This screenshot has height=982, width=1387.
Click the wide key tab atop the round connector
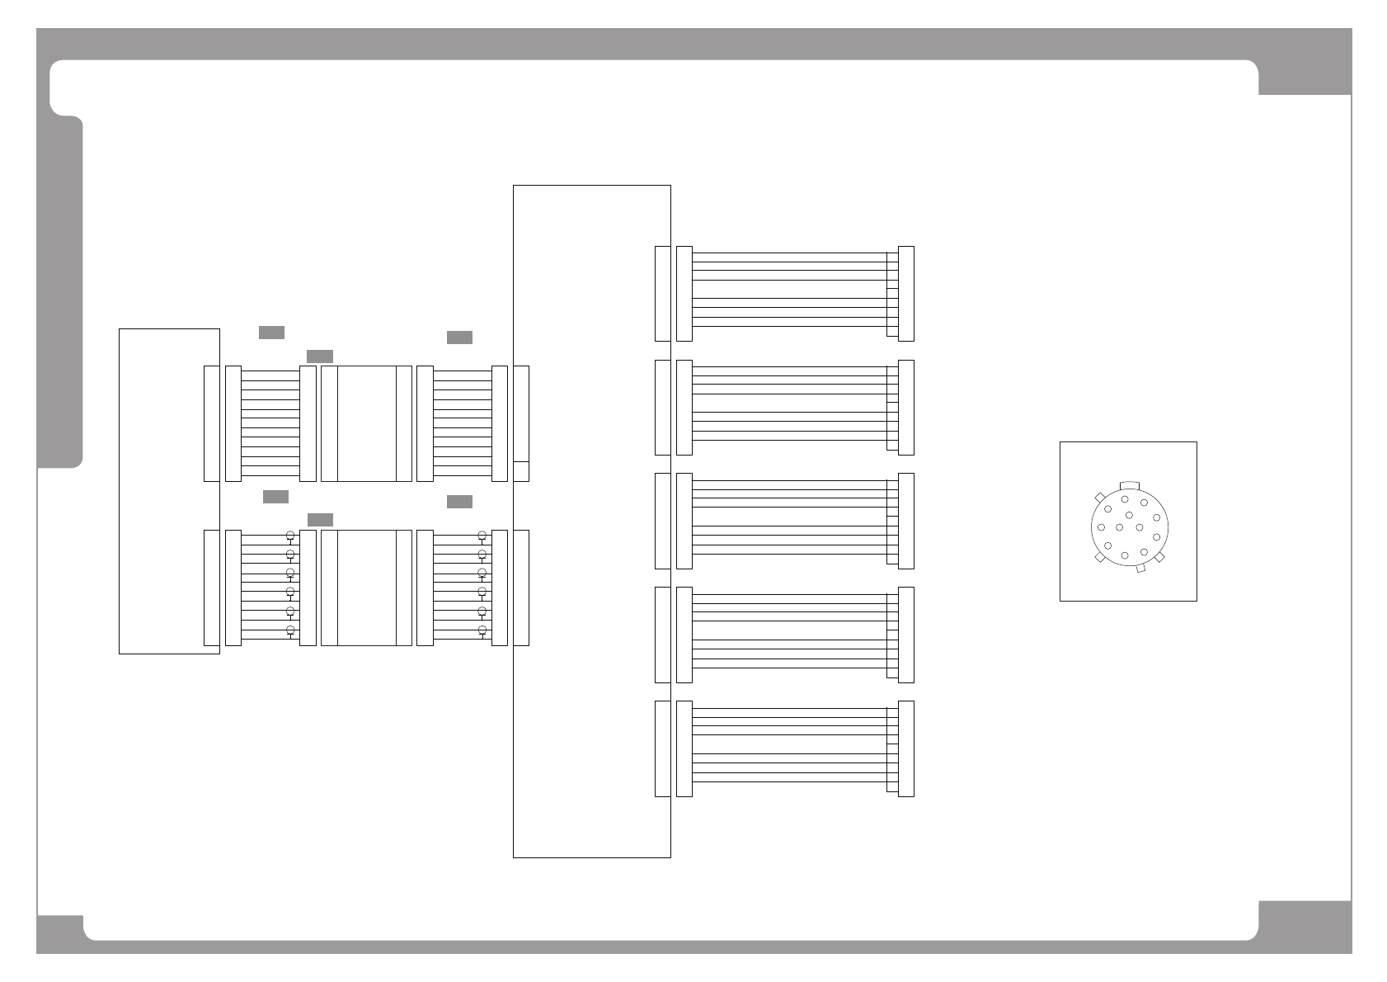pos(1129,485)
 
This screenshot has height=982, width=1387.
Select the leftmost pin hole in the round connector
pos(1101,527)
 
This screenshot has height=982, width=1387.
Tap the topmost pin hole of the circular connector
pos(1125,499)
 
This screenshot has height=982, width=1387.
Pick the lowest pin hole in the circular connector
pos(1125,556)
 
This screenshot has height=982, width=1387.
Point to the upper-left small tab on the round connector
pos(1098,497)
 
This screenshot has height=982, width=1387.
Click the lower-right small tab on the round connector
pos(1159,558)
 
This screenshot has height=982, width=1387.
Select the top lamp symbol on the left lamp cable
pos(289,536)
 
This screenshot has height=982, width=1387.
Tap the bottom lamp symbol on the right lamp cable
pos(482,630)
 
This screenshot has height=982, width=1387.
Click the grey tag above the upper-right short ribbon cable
pos(459,338)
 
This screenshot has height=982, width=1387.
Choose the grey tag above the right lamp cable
pos(459,502)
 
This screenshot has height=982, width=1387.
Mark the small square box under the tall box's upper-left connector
pos(520,471)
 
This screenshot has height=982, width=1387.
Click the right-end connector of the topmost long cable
pos(905,293)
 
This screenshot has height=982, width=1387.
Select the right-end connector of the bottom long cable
pos(905,748)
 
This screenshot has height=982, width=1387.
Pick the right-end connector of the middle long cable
pos(905,521)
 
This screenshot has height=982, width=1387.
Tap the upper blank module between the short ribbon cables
pos(366,423)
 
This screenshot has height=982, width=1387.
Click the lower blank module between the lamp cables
pos(366,588)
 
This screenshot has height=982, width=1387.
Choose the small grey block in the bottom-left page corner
pos(59,932)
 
